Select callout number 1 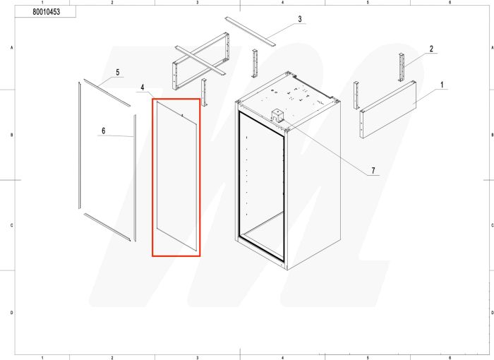coord(442,85)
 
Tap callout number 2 coord(430,49)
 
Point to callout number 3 coord(299,19)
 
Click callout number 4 coord(143,88)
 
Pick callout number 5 coord(117,73)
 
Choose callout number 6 coord(103,131)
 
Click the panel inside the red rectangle coord(176,176)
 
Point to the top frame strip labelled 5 coord(107,92)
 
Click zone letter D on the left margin coord(11,312)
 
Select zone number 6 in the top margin coord(449,3)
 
